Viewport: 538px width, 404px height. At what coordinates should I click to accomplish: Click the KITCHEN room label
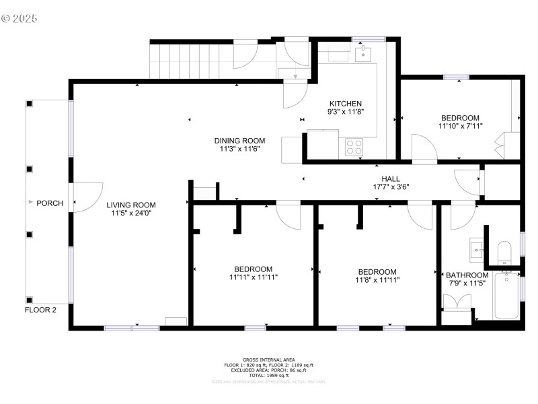click(x=346, y=103)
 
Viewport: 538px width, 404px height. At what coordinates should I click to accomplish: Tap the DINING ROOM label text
click(x=239, y=141)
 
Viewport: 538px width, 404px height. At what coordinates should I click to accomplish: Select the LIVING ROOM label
click(x=130, y=205)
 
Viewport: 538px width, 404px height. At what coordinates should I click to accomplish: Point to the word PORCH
click(x=50, y=203)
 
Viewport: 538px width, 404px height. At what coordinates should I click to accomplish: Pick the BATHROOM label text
click(x=467, y=275)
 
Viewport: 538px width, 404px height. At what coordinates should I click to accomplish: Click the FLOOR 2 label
click(x=40, y=310)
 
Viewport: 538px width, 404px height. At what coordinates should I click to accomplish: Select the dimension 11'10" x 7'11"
click(x=460, y=126)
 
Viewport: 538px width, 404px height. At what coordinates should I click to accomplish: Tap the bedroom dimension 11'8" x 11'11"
click(x=376, y=280)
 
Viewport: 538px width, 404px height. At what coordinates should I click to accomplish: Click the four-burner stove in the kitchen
click(x=354, y=146)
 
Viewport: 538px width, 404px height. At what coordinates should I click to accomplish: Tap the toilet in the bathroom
click(x=504, y=252)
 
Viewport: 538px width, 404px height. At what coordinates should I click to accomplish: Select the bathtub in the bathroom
click(x=506, y=296)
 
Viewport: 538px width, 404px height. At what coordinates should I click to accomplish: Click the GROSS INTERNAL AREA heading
click(x=268, y=360)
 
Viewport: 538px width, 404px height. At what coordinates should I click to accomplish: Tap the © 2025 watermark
click(x=20, y=18)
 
